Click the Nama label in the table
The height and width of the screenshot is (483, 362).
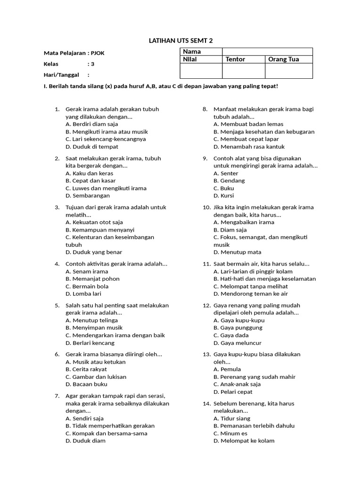point(192,51)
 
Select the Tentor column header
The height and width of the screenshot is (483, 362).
point(235,59)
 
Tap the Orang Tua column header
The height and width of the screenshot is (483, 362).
point(283,59)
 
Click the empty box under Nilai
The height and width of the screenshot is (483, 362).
point(201,71)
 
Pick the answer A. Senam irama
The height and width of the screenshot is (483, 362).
point(87,271)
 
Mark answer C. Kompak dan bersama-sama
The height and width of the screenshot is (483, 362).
point(107,433)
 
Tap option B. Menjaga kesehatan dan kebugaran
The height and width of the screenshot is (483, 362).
point(264,132)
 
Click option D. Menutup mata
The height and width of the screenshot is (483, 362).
point(237,252)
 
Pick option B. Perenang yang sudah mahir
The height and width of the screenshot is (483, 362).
point(255,377)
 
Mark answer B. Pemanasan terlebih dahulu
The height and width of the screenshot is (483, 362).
point(254,425)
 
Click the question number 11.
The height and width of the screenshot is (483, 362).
point(206,264)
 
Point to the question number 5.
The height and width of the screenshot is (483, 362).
point(57,305)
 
